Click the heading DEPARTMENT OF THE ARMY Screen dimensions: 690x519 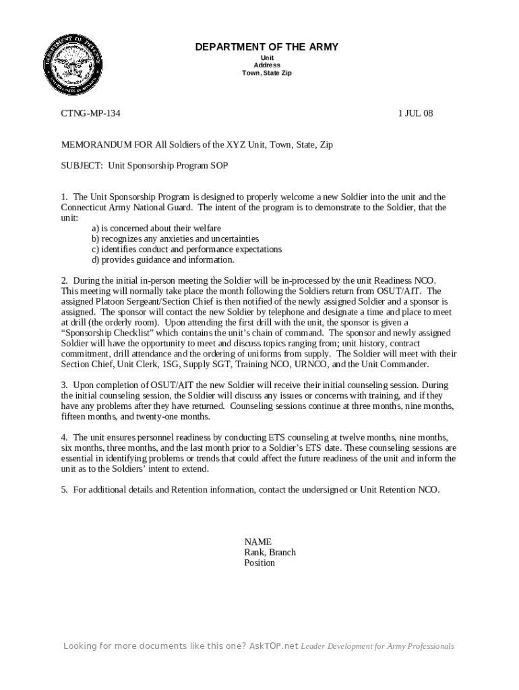point(267,46)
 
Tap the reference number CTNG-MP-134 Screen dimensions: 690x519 point(91,113)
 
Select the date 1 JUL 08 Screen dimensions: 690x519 point(415,113)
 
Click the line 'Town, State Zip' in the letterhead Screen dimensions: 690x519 point(267,73)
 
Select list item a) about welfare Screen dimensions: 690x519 point(156,228)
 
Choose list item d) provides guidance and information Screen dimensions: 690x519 point(163,259)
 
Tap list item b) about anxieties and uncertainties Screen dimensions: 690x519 point(175,239)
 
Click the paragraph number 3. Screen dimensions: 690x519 point(64,385)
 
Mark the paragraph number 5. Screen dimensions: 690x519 point(64,490)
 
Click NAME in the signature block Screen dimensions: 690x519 point(257,542)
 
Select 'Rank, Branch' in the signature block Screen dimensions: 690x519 point(270,553)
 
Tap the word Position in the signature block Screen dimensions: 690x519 point(259,563)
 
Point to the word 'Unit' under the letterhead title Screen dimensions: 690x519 point(267,58)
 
